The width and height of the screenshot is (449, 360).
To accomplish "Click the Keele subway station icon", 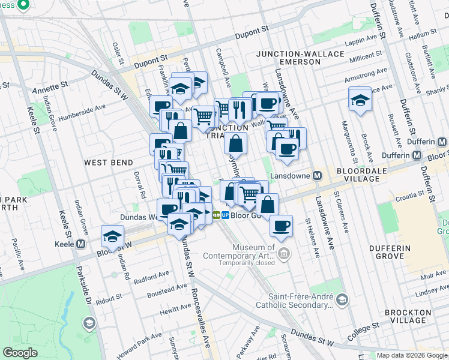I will [82, 244].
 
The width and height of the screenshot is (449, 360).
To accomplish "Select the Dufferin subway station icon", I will [442, 143].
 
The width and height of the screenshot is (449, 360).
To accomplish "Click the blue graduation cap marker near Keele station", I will [112, 236].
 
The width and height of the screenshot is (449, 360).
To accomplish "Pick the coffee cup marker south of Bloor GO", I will [281, 226].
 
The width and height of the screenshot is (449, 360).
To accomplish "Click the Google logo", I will [20, 353].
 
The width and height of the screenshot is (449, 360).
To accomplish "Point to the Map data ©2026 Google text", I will [411, 355].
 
